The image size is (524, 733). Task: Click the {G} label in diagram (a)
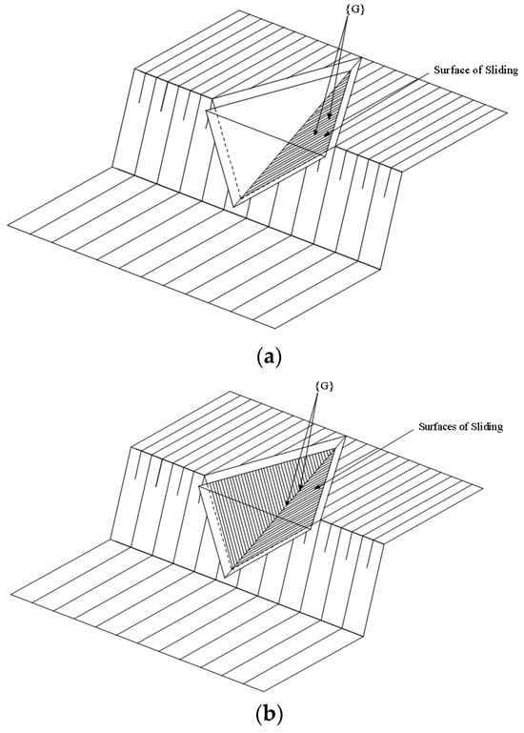pos(355,10)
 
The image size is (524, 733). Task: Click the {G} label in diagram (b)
pos(325,386)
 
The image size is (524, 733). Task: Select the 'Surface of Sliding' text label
pos(475,71)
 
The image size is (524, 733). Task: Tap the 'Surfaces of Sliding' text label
pos(460,426)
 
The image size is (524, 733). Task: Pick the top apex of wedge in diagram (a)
pos(361,57)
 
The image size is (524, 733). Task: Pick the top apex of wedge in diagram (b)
pos(345,437)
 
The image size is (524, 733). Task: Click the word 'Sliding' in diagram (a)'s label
pos(501,71)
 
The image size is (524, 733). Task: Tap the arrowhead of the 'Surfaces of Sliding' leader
pos(318,489)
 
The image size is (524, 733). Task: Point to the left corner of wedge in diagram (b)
pos(199,486)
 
